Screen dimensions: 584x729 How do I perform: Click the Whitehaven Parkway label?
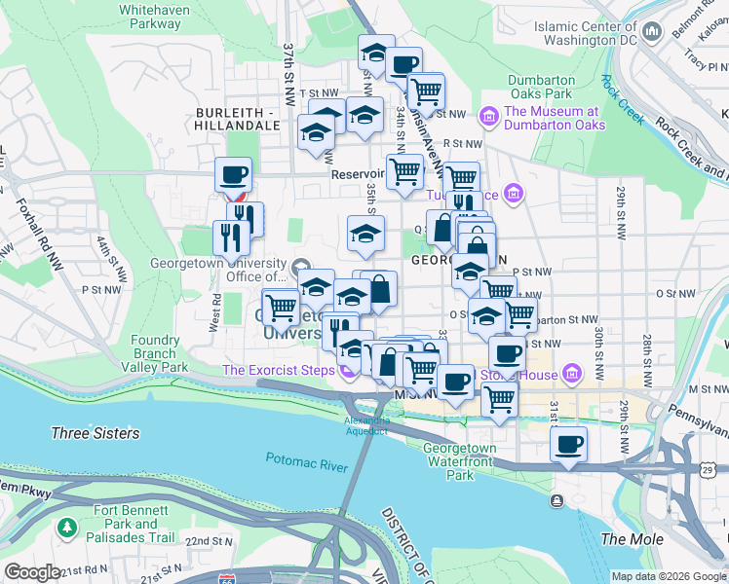point(154,16)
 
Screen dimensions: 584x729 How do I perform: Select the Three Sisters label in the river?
point(95,433)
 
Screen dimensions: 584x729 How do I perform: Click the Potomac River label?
point(306,462)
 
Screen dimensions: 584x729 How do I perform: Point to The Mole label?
point(633,539)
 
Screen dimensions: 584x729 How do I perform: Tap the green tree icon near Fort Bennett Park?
point(67,528)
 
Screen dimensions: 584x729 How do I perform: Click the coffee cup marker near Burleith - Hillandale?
point(233,175)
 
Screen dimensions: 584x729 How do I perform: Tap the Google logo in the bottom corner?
point(32,572)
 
